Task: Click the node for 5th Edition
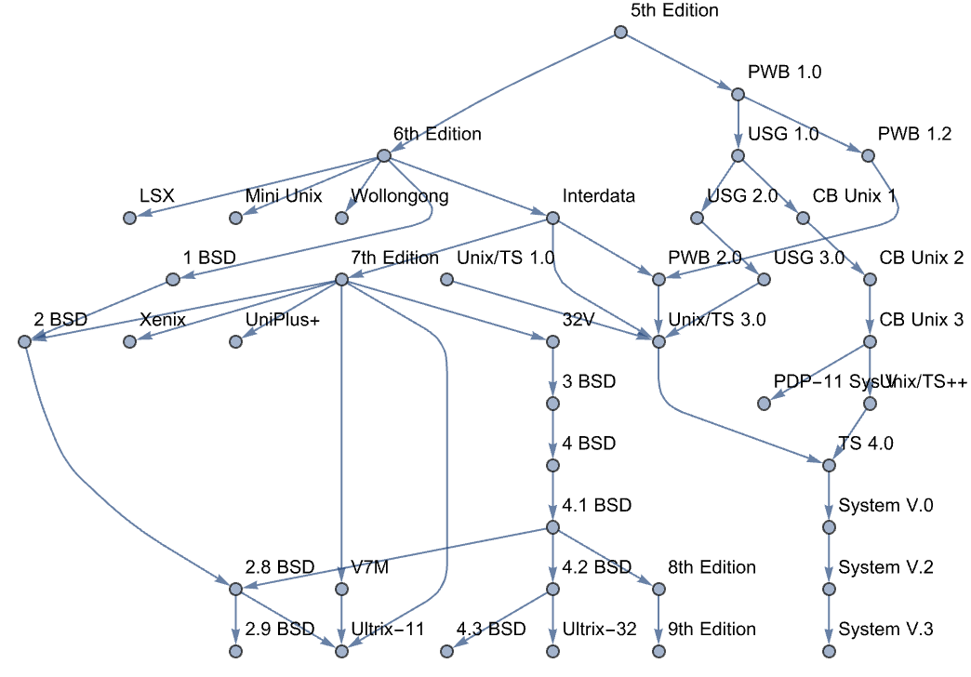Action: click(x=620, y=33)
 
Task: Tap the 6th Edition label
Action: click(x=437, y=134)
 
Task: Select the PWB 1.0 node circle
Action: click(x=738, y=94)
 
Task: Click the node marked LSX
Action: click(x=130, y=218)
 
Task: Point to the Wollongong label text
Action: click(x=399, y=196)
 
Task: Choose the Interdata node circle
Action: click(x=552, y=218)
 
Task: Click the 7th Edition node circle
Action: click(x=341, y=279)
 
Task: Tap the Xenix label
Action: click(x=163, y=320)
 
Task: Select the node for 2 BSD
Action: click(x=25, y=341)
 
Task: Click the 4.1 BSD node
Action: click(x=552, y=527)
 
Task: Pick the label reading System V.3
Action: click(x=885, y=630)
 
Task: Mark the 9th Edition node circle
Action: click(x=658, y=650)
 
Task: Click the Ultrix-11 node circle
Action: click(x=341, y=650)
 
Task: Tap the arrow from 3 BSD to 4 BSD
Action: click(x=552, y=434)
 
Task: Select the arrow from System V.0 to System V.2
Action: click(x=828, y=558)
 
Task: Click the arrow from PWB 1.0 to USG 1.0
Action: click(x=738, y=125)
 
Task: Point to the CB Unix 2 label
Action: click(x=922, y=258)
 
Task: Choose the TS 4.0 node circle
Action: click(x=828, y=465)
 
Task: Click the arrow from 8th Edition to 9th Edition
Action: click(x=658, y=619)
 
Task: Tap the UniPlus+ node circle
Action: click(x=236, y=341)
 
